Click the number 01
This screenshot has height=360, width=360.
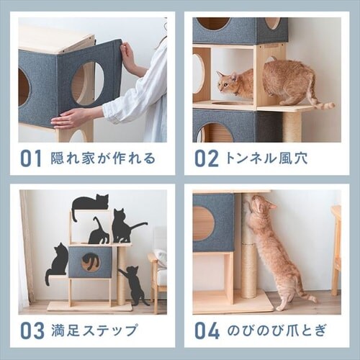pos(30,158)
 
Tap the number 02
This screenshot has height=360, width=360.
pos(206,158)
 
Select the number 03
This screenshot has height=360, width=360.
pos(32,330)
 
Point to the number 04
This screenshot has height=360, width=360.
pos(207,330)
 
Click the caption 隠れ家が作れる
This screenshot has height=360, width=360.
pos(103,158)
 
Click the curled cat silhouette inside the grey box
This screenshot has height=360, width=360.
pos(90,261)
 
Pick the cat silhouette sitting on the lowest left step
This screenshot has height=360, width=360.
pos(57,263)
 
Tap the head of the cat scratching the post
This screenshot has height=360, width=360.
pos(260,207)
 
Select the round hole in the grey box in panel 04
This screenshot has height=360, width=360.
pos(204,223)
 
